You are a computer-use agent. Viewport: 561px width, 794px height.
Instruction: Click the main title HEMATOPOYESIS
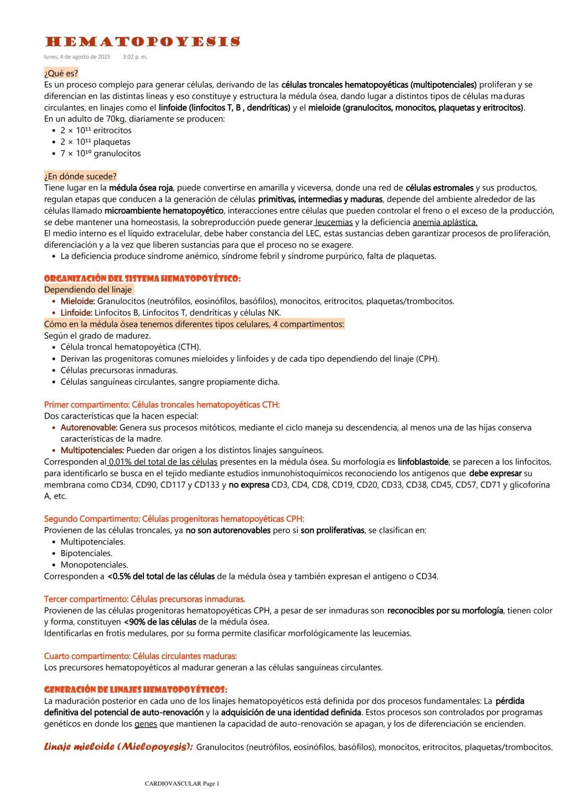(142, 42)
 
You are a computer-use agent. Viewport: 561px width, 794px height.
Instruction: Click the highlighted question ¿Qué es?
(61, 73)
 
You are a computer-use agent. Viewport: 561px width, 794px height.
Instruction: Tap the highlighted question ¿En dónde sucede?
(80, 176)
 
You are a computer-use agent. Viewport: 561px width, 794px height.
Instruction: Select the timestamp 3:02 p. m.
(135, 57)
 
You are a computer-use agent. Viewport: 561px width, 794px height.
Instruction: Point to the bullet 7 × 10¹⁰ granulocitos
(100, 153)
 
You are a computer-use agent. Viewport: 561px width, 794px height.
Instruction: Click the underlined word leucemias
(334, 222)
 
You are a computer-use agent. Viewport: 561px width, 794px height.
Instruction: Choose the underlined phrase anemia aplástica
(445, 222)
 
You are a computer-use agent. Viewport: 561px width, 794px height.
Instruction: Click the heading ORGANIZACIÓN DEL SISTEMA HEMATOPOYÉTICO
(142, 278)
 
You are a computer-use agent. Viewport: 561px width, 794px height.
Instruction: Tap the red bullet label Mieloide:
(77, 301)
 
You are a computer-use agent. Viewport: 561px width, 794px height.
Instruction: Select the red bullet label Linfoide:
(76, 313)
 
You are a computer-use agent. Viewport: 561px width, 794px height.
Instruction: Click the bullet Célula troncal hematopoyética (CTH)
(130, 347)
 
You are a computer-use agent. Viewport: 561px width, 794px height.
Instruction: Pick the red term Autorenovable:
(89, 427)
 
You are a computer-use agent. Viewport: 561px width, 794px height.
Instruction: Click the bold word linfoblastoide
(423, 462)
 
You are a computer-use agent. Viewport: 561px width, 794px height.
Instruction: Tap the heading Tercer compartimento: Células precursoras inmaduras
(144, 599)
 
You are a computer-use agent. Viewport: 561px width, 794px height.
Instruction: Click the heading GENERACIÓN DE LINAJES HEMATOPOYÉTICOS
(135, 690)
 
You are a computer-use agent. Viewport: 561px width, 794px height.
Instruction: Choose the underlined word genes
(145, 724)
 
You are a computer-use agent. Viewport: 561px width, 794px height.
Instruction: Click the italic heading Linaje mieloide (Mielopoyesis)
(118, 747)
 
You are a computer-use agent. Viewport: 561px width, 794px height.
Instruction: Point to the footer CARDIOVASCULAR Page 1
(182, 783)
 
